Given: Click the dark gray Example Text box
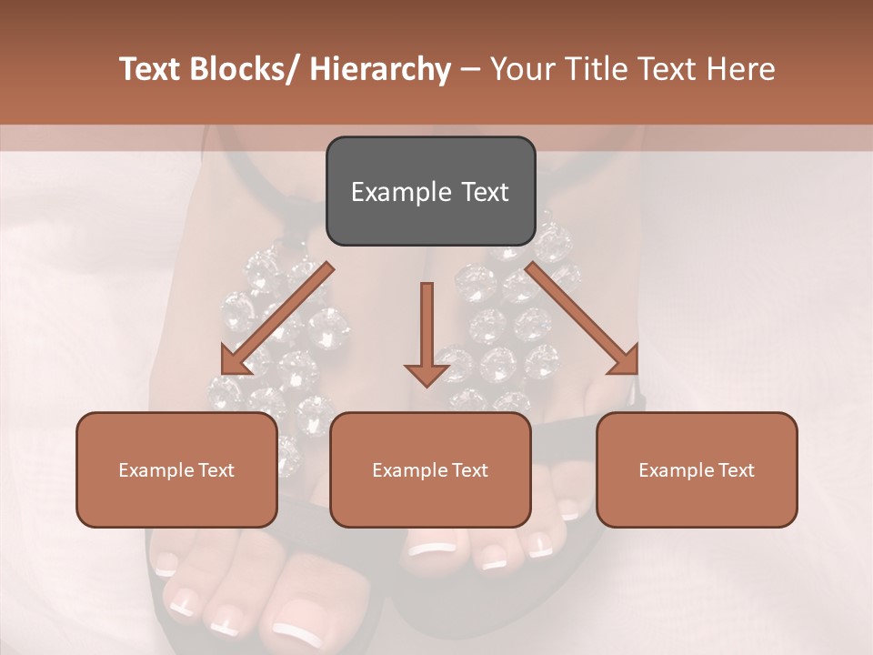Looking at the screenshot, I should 430,191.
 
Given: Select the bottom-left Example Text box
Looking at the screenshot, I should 176,469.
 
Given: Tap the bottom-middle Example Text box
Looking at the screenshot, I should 430,469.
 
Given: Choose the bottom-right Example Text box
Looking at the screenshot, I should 697,469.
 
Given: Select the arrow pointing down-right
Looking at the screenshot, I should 582,319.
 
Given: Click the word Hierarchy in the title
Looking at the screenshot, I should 380,69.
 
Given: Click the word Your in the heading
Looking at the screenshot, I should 522,69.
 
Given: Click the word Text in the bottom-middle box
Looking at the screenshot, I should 468,470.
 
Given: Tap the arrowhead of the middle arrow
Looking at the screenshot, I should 426,373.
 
